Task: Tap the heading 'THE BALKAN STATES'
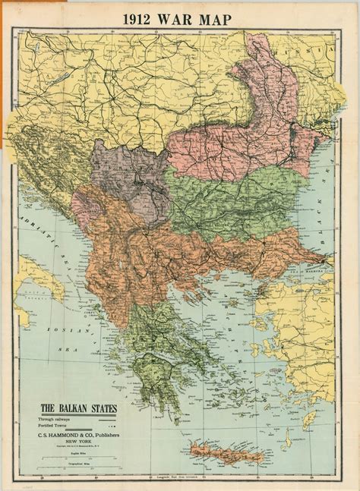(78, 409)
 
